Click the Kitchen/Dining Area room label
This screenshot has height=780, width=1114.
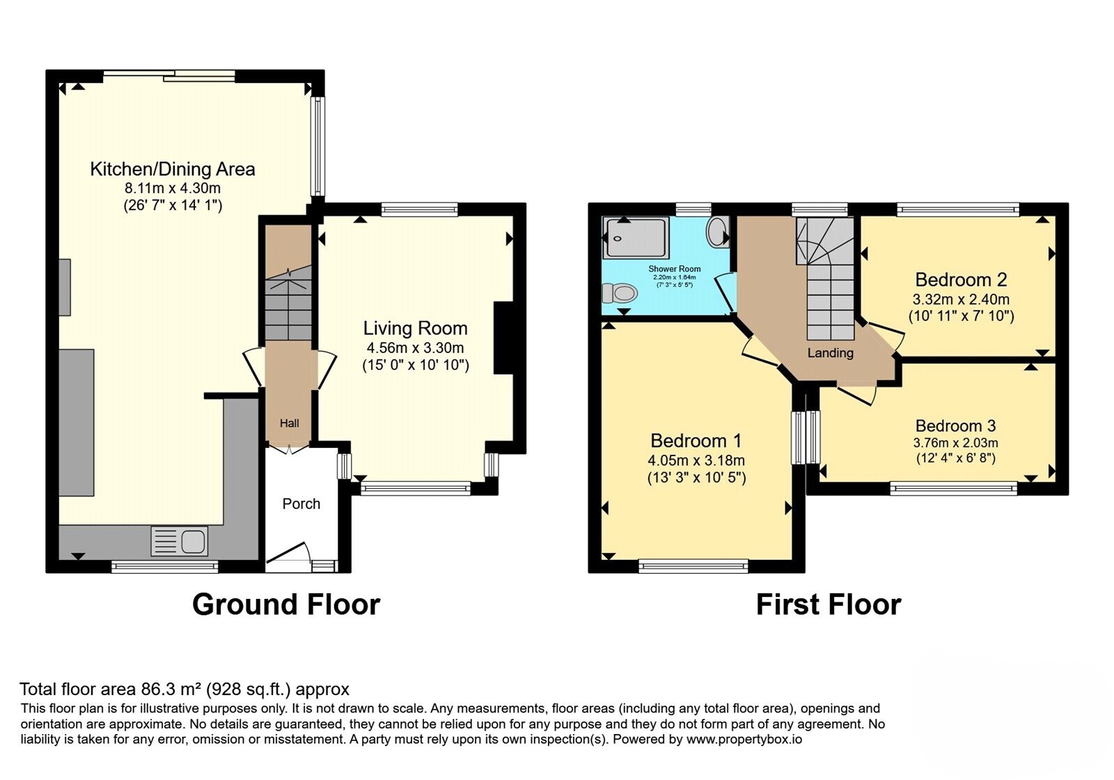(x=173, y=169)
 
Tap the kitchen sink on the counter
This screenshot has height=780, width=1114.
(x=180, y=540)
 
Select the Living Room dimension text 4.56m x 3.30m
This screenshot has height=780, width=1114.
(x=415, y=348)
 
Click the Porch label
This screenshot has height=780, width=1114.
(x=301, y=504)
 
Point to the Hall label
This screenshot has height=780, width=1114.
(x=289, y=423)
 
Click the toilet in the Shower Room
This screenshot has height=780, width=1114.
(x=620, y=293)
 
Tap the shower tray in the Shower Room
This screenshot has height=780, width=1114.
(x=636, y=237)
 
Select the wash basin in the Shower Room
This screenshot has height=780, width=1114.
(x=718, y=231)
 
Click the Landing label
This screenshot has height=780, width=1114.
(x=830, y=353)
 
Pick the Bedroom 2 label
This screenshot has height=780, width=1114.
(x=961, y=279)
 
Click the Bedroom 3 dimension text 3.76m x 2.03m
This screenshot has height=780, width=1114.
(x=955, y=443)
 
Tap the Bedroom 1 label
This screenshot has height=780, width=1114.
(x=696, y=441)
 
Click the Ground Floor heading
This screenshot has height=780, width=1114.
(x=286, y=605)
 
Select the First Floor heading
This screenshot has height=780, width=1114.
(x=829, y=605)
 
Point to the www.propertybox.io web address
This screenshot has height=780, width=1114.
(x=744, y=739)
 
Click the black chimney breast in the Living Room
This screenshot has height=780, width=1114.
(x=503, y=338)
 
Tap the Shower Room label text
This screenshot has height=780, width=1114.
(x=675, y=269)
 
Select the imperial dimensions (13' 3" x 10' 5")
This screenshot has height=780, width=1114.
(x=696, y=478)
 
